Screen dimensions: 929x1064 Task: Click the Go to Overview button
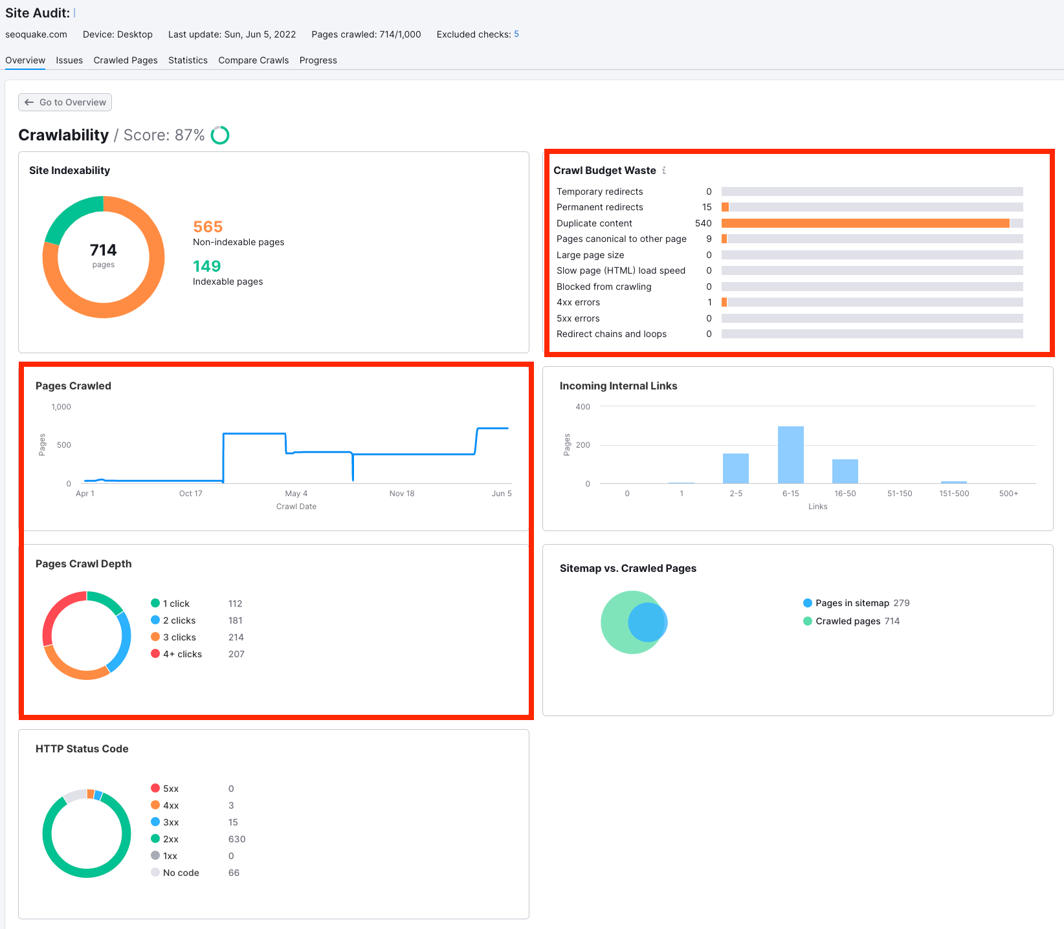coord(65,102)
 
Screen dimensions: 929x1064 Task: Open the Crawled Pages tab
coord(126,60)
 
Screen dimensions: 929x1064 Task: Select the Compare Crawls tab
coord(253,60)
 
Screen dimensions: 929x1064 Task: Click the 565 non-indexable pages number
coord(208,227)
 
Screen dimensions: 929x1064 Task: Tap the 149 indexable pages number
coord(206,267)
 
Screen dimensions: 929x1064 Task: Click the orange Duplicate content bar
coord(865,223)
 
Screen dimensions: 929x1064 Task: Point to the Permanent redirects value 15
coord(707,207)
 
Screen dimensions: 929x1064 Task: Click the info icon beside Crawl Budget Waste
coord(664,170)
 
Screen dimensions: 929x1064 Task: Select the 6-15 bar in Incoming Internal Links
coord(790,454)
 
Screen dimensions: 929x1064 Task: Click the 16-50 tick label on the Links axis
coord(845,494)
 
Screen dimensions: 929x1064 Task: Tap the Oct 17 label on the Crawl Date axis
coord(190,494)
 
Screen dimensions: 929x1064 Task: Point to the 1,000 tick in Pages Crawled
coord(61,407)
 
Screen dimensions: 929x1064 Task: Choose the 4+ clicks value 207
coord(236,654)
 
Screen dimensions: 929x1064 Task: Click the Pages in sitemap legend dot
coord(808,603)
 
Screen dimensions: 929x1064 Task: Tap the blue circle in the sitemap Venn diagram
coord(647,622)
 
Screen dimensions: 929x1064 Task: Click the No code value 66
coord(234,873)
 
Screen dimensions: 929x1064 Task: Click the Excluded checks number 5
coord(516,34)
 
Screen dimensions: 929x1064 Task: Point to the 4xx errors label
coord(578,302)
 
